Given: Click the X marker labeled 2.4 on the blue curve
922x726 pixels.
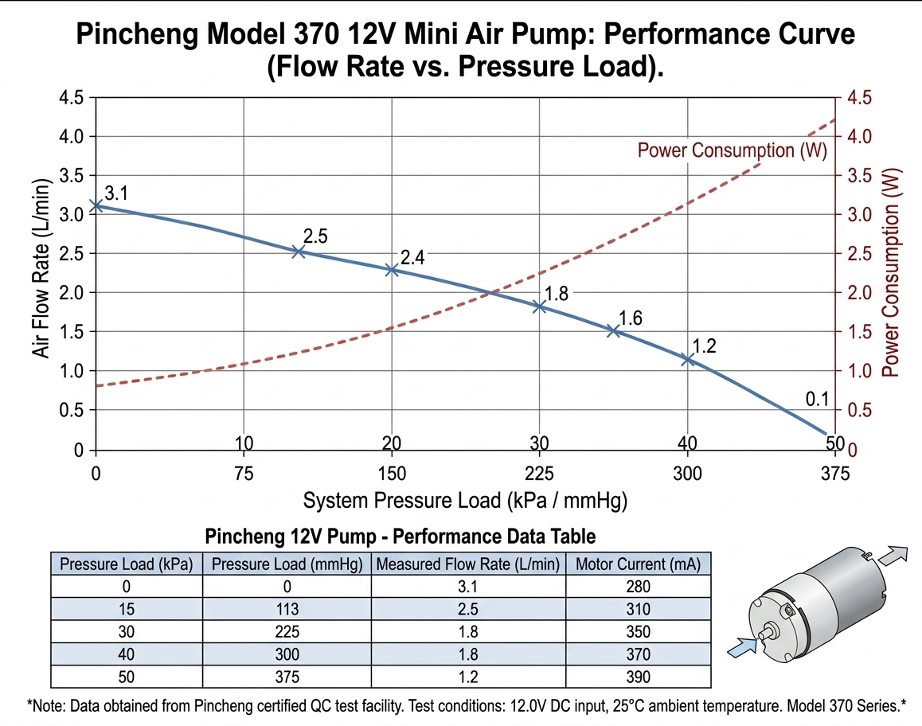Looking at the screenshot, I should pyautogui.click(x=392, y=270).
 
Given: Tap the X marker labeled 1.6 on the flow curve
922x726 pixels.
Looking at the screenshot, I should pyautogui.click(x=613, y=330).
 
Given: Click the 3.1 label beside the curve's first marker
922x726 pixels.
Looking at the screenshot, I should pyautogui.click(x=116, y=193).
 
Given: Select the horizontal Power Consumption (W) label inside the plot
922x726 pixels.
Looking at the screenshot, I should pyautogui.click(x=733, y=150).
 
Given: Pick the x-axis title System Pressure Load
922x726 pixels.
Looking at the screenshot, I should pyautogui.click(x=465, y=501).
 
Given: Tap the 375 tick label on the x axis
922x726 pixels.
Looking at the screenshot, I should pyautogui.click(x=834, y=474).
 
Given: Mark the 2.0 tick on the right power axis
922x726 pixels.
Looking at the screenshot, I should pyautogui.click(x=858, y=293).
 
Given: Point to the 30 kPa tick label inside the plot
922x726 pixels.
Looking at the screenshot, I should pyautogui.click(x=539, y=443).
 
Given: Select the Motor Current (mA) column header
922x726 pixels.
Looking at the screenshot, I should pyautogui.click(x=638, y=565).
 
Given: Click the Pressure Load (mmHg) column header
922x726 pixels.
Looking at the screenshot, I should pyautogui.click(x=287, y=565).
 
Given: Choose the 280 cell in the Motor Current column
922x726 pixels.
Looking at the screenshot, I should pyautogui.click(x=638, y=587).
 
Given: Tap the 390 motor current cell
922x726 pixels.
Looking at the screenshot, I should pyautogui.click(x=638, y=677).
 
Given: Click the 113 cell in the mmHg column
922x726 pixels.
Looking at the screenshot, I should pyautogui.click(x=287, y=610).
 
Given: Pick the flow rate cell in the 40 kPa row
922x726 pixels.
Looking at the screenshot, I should pyautogui.click(x=468, y=655).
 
